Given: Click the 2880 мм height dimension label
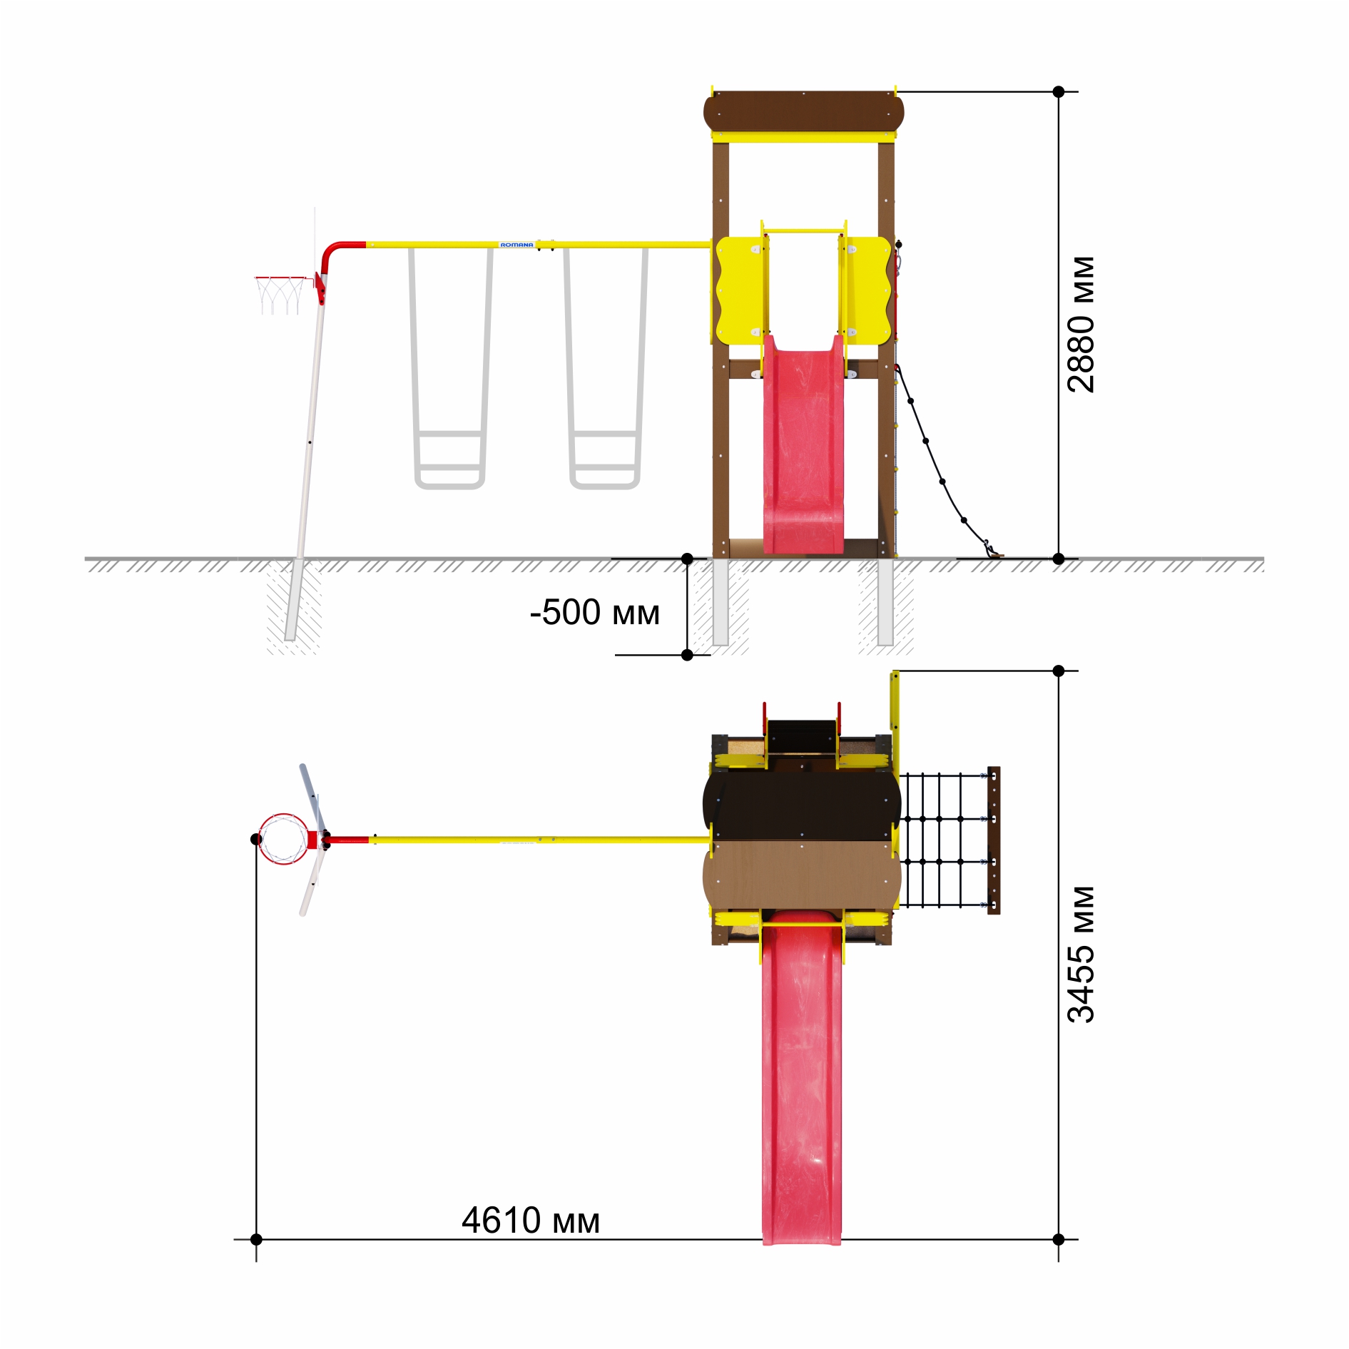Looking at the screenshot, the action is pos(1081,325).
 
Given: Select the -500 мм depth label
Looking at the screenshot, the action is pos(595,612).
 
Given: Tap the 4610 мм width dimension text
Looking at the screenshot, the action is pos(531,1220).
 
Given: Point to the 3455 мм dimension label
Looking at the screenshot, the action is pos(1081,955).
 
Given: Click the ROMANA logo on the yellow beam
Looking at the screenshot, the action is pos(516,245).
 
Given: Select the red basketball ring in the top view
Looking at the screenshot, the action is pos(284,839).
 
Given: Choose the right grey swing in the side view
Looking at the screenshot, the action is pos(606,368).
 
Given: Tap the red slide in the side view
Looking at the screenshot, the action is pos(803,444).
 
